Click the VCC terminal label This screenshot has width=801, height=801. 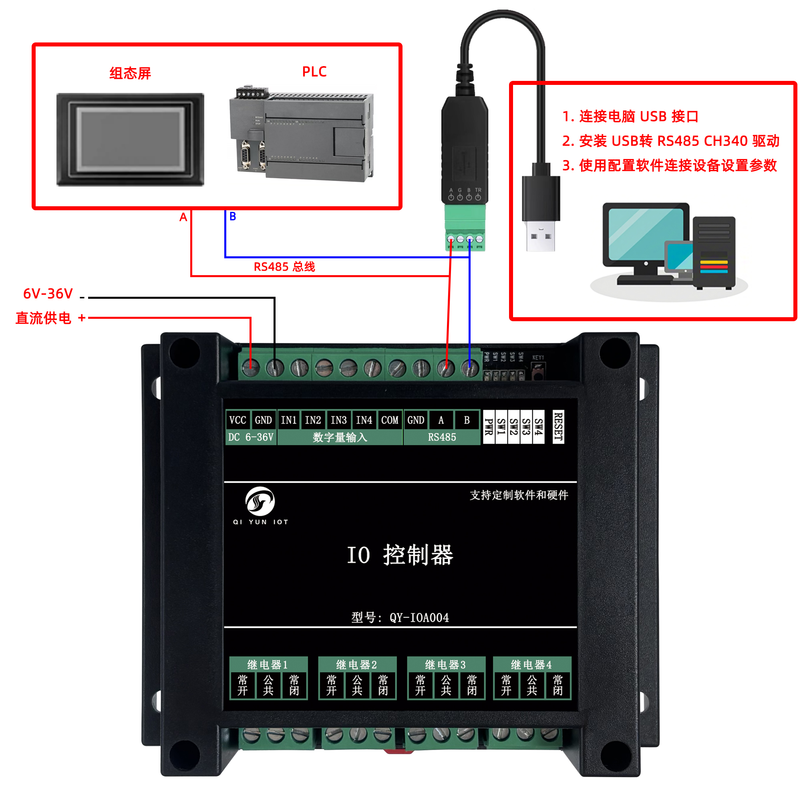pyautogui.click(x=237, y=420)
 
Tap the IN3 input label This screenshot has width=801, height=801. pyautogui.click(x=338, y=420)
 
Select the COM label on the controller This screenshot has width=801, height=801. pyautogui.click(x=389, y=420)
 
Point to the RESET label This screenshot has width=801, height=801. pyautogui.click(x=558, y=427)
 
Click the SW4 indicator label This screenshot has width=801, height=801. pyautogui.click(x=538, y=427)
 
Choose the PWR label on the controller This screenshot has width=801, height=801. pyautogui.click(x=489, y=427)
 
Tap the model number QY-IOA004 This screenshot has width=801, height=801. pyautogui.click(x=419, y=618)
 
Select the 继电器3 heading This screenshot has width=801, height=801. pyautogui.click(x=445, y=664)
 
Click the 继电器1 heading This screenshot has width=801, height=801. pyautogui.click(x=268, y=664)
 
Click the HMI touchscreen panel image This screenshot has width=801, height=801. pyautogui.click(x=130, y=139)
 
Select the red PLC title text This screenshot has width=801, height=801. pyautogui.click(x=314, y=72)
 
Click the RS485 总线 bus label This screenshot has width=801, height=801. pyautogui.click(x=284, y=267)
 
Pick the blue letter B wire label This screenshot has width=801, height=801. pyautogui.click(x=233, y=216)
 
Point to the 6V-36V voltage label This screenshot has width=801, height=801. pyautogui.click(x=48, y=294)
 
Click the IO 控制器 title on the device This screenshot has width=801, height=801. pyautogui.click(x=400, y=555)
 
